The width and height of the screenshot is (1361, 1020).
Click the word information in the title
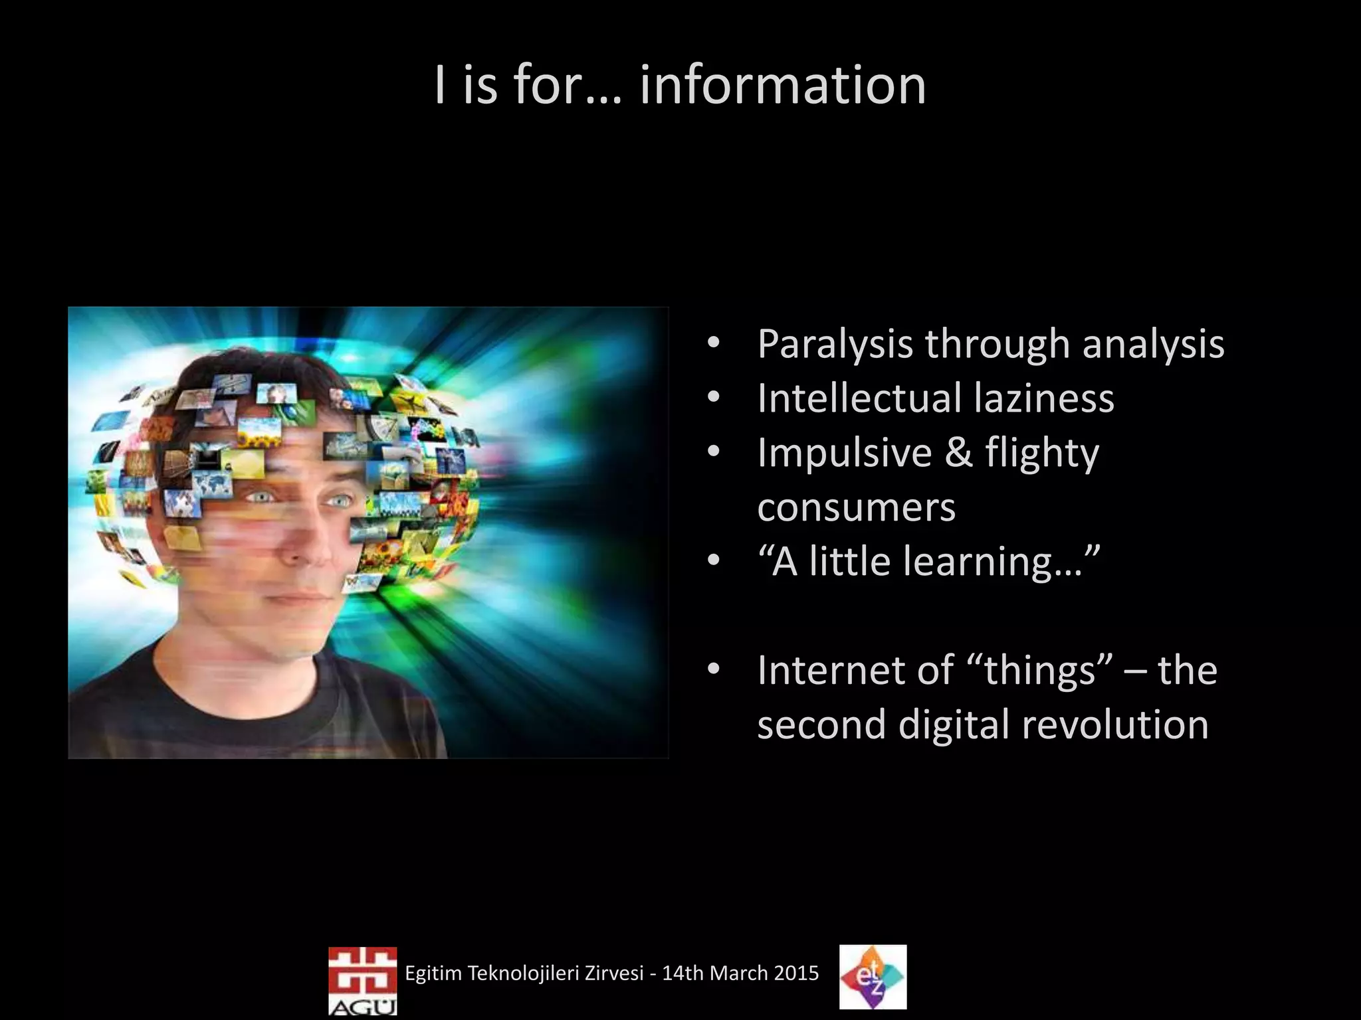(x=782, y=86)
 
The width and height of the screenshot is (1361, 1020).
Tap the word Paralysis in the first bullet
(x=835, y=344)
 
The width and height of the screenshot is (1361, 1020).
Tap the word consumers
(x=856, y=507)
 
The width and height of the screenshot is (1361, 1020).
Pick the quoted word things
(x=1039, y=671)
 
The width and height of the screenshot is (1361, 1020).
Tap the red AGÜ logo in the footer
(x=362, y=979)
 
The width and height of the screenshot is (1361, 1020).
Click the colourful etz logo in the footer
(x=873, y=977)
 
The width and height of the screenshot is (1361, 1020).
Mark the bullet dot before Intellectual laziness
(x=714, y=398)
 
